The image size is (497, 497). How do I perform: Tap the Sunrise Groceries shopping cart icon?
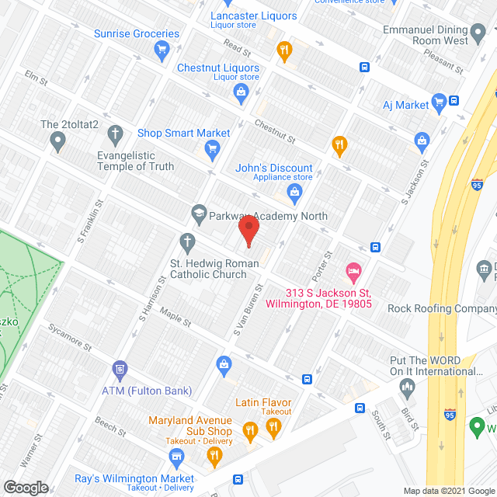point(162,51)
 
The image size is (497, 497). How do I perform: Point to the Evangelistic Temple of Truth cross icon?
point(116,134)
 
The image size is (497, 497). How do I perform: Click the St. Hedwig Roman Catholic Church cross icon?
point(186,242)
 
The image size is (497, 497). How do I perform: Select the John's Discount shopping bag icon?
point(294,192)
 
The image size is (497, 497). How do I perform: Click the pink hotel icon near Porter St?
point(353,273)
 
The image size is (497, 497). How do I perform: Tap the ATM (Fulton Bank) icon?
point(119,367)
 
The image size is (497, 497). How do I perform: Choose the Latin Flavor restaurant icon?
point(273,426)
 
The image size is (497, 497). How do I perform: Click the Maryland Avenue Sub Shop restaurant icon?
point(250,429)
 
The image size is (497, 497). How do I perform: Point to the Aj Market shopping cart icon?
point(440,100)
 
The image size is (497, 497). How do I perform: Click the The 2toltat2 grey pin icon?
point(57,141)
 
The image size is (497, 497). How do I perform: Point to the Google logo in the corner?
point(25,487)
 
